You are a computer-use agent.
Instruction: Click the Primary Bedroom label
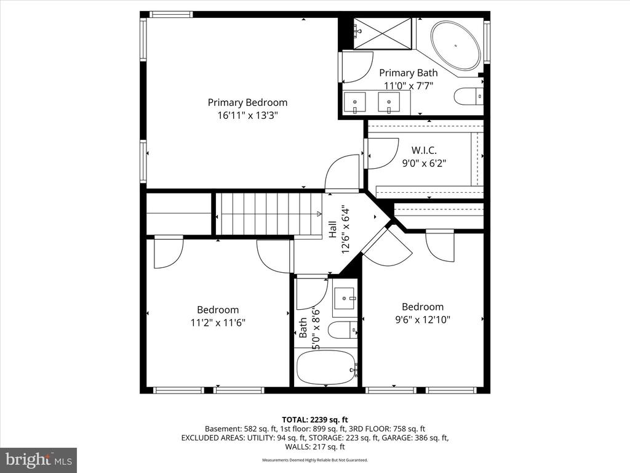[x=247, y=102]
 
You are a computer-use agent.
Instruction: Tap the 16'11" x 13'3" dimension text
[x=247, y=115]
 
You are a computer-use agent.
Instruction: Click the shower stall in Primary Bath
[x=383, y=33]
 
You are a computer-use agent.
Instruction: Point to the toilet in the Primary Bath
[x=468, y=96]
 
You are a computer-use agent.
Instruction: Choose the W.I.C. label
[x=423, y=150]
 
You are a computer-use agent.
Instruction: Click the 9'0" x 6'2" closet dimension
[x=423, y=163]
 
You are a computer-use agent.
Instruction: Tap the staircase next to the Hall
[x=269, y=213]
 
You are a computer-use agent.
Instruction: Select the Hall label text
[x=333, y=230]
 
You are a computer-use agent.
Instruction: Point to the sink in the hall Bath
[x=345, y=299]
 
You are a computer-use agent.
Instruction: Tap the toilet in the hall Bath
[x=342, y=330]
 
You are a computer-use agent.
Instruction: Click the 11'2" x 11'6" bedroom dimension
[x=218, y=322]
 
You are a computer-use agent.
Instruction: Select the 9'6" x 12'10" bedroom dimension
[x=423, y=319]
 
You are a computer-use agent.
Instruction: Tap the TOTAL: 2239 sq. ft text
[x=315, y=419]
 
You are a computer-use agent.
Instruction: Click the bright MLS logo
[x=38, y=459]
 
